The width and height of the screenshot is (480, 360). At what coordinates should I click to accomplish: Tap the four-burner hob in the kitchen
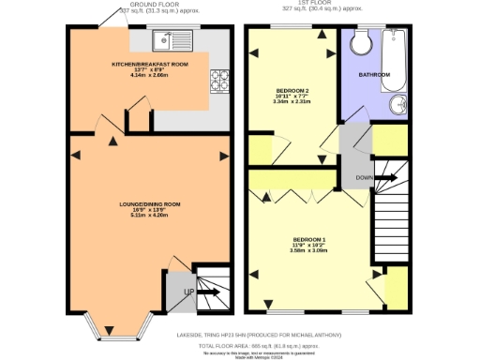point(222,82)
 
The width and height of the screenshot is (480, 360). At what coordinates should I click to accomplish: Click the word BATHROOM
point(375,73)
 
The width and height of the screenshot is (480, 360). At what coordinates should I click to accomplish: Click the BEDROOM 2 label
point(292,91)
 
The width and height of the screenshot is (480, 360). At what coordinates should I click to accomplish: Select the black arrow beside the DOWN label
point(391,176)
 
